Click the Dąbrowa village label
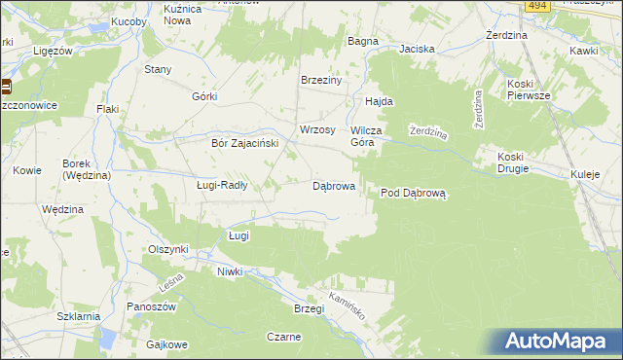click(333, 185)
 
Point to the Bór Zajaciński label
click(245, 142)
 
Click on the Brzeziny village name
click(321, 81)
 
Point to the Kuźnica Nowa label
click(189, 14)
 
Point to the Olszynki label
click(167, 249)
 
